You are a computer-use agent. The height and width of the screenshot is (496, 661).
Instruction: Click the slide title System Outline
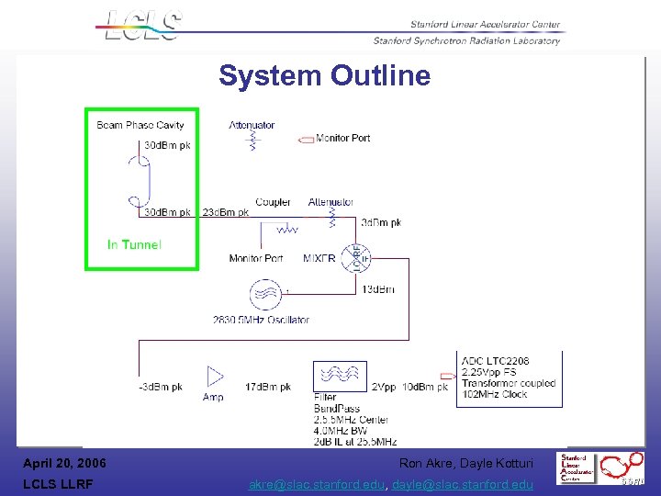(x=324, y=75)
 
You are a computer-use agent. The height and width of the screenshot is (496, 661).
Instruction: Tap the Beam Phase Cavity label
(x=140, y=125)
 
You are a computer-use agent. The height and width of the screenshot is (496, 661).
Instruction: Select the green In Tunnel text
(x=134, y=244)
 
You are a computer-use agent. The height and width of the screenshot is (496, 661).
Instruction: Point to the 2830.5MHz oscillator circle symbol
(x=265, y=295)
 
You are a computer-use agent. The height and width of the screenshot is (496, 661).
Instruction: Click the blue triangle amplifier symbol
(x=215, y=376)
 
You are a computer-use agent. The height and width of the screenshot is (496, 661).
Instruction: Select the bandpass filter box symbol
(x=341, y=377)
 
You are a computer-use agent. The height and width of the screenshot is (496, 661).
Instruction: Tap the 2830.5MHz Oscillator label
(x=261, y=320)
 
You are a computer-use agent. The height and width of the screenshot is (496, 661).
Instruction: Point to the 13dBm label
(x=379, y=289)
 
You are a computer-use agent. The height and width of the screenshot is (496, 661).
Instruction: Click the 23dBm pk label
(x=226, y=213)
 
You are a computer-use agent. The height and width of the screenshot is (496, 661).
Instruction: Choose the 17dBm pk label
(x=268, y=388)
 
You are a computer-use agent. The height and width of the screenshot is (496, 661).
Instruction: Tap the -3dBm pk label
(x=161, y=388)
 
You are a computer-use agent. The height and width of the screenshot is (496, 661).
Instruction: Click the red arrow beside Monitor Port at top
(x=306, y=140)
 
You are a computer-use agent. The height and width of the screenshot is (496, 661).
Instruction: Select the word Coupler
(x=274, y=202)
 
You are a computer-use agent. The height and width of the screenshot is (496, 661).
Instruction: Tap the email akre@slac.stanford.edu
(x=318, y=485)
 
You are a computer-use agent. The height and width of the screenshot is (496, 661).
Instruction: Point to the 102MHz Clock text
(x=497, y=394)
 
